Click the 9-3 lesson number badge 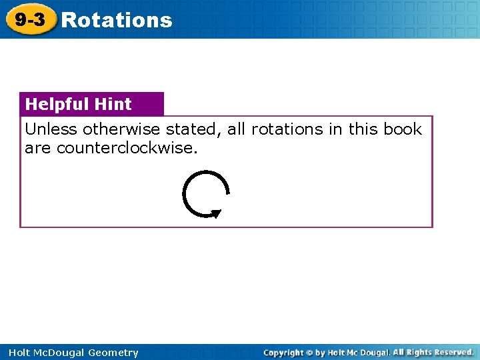point(30,20)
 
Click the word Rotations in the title point(117,20)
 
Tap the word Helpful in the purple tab point(56,104)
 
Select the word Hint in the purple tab point(113,104)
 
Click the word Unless point(51,129)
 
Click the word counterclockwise point(127,148)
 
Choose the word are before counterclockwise point(38,148)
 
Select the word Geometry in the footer point(114,353)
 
